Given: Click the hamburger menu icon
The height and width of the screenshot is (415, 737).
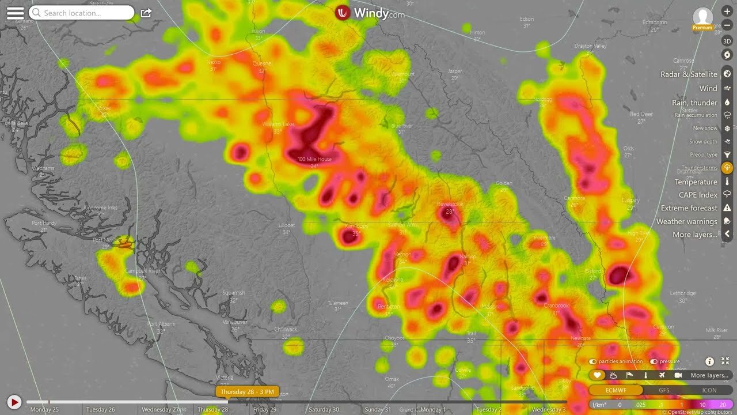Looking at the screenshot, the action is [x=16, y=13].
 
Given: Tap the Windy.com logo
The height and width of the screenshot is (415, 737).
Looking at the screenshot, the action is [x=370, y=13].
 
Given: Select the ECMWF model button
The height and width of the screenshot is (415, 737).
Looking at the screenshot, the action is [x=616, y=390].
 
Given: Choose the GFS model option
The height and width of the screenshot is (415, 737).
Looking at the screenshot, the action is [x=664, y=390].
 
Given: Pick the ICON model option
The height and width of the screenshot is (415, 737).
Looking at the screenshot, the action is [x=709, y=390].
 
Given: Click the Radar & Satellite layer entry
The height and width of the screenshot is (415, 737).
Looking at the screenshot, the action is [x=689, y=74].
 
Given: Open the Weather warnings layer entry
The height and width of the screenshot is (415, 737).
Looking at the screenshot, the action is [x=687, y=221].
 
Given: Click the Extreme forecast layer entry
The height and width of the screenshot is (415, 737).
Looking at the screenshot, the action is [x=689, y=208].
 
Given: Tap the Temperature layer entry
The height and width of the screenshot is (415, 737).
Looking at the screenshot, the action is [x=696, y=182].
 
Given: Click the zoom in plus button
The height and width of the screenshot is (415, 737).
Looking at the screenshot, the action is [x=727, y=12].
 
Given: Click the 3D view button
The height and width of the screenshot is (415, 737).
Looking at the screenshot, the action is [x=727, y=41].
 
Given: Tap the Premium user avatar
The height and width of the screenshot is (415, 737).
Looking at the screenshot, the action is [x=702, y=17].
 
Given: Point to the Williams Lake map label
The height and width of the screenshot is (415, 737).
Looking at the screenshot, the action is [x=278, y=124].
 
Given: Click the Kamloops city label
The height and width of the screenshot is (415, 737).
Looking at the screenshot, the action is [x=356, y=226].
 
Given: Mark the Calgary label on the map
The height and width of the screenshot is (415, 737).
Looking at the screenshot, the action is [x=630, y=201].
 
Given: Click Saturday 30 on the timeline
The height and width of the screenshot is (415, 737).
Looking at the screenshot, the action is [x=324, y=410].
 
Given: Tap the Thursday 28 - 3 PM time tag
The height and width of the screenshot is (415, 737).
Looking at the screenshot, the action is [x=247, y=392].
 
